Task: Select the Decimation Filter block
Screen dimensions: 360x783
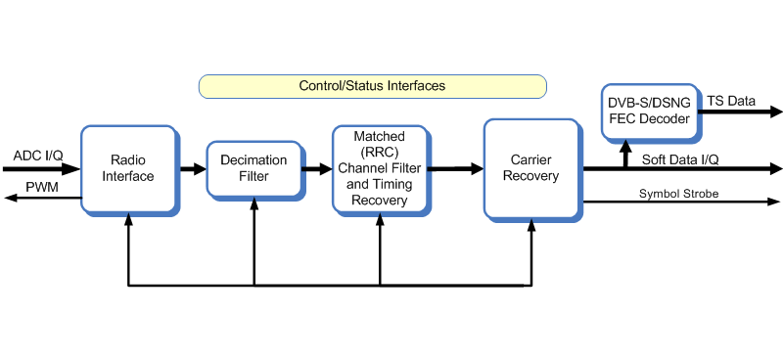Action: click(x=253, y=168)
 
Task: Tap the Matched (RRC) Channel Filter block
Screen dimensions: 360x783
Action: click(x=379, y=168)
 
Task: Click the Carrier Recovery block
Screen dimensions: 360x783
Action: click(x=534, y=167)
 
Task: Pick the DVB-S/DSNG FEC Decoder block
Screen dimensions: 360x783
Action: click(x=649, y=112)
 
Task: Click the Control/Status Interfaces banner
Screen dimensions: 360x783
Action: click(x=372, y=86)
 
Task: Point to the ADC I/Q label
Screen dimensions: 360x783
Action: click(x=36, y=156)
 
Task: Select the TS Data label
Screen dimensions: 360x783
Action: click(x=734, y=101)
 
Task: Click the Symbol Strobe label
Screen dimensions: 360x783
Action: click(x=678, y=194)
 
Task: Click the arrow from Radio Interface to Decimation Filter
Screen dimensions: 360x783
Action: click(x=192, y=168)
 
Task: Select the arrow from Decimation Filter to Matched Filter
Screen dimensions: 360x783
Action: click(x=317, y=168)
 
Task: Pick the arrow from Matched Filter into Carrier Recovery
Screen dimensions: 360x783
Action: click(x=455, y=168)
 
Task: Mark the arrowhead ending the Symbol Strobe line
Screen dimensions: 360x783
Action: click(x=773, y=202)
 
